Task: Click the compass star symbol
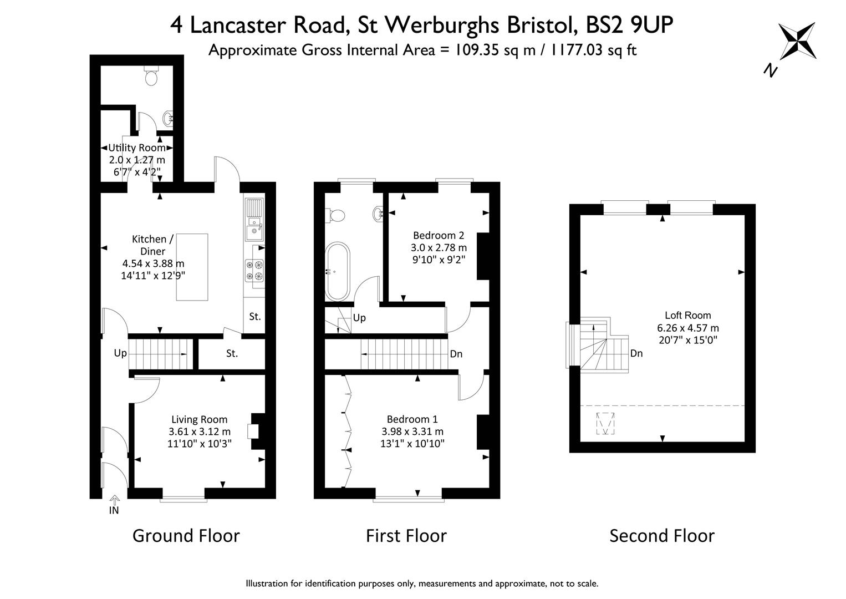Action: [x=797, y=41]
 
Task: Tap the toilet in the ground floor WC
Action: [x=151, y=76]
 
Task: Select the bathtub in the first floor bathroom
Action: [x=338, y=271]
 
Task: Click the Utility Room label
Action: [x=137, y=148]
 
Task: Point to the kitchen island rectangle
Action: [x=192, y=267]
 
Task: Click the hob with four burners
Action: [x=254, y=270]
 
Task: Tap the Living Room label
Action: [x=200, y=419]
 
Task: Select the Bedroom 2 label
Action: [x=439, y=236]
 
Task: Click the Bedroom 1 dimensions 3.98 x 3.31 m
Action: [x=412, y=431]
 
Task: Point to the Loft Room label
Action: [x=688, y=315]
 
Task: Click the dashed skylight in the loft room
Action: [x=605, y=424]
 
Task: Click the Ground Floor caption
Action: [x=186, y=536]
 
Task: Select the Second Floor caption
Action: [x=662, y=536]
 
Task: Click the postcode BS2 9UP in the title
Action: [x=630, y=26]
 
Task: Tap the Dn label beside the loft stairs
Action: [x=636, y=353]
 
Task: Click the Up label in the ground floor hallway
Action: [x=120, y=353]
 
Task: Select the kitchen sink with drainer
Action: [x=254, y=220]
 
